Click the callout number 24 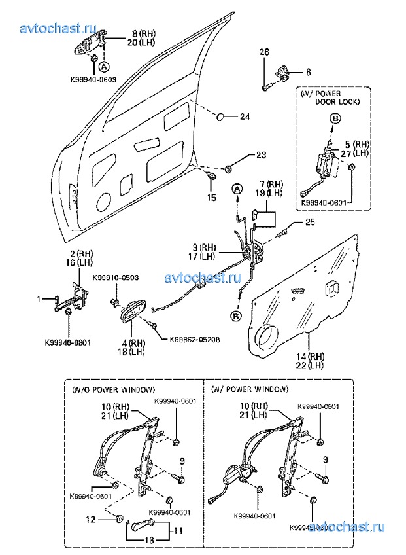tap(245, 117)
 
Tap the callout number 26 tap(264, 52)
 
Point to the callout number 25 tap(309, 223)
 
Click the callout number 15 tap(211, 197)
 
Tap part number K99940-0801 tap(68, 341)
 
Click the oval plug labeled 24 tap(221, 116)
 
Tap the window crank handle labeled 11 tap(142, 524)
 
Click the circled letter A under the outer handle tap(104, 66)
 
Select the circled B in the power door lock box tap(333, 118)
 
